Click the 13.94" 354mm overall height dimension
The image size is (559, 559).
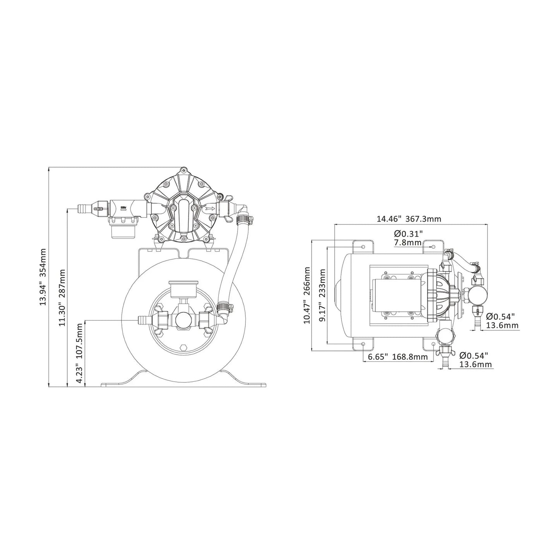(x=43, y=277)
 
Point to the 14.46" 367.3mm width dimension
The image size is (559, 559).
(x=409, y=219)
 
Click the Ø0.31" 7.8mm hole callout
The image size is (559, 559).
(x=408, y=238)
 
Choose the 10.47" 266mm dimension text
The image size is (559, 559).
(x=308, y=295)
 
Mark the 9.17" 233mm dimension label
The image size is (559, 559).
(x=322, y=295)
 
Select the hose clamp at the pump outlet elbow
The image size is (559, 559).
(x=244, y=220)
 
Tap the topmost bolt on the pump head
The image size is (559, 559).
(x=182, y=171)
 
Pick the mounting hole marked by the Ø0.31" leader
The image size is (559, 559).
(x=433, y=246)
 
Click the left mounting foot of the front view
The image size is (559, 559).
(x=120, y=381)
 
